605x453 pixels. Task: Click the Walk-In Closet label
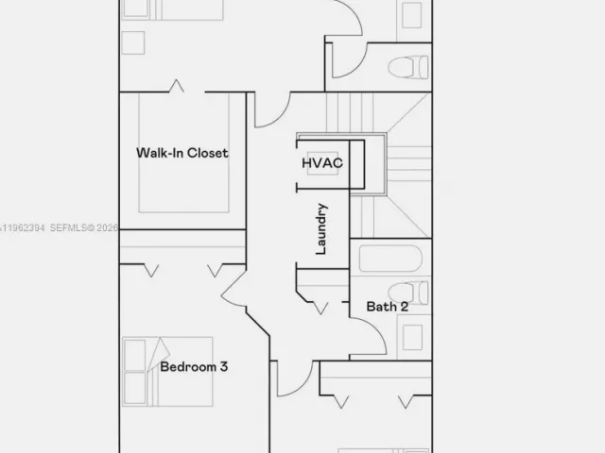pos(181,153)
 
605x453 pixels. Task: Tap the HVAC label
pos(321,163)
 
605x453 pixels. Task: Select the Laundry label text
pos(321,229)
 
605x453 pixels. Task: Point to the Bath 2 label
pos(388,307)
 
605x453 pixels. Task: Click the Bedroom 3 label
pos(193,366)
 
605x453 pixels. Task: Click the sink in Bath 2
pos(410,338)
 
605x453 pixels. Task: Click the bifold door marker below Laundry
pos(318,303)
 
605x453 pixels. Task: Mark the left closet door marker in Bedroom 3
pos(150,271)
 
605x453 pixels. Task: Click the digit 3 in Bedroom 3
pos(223,366)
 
